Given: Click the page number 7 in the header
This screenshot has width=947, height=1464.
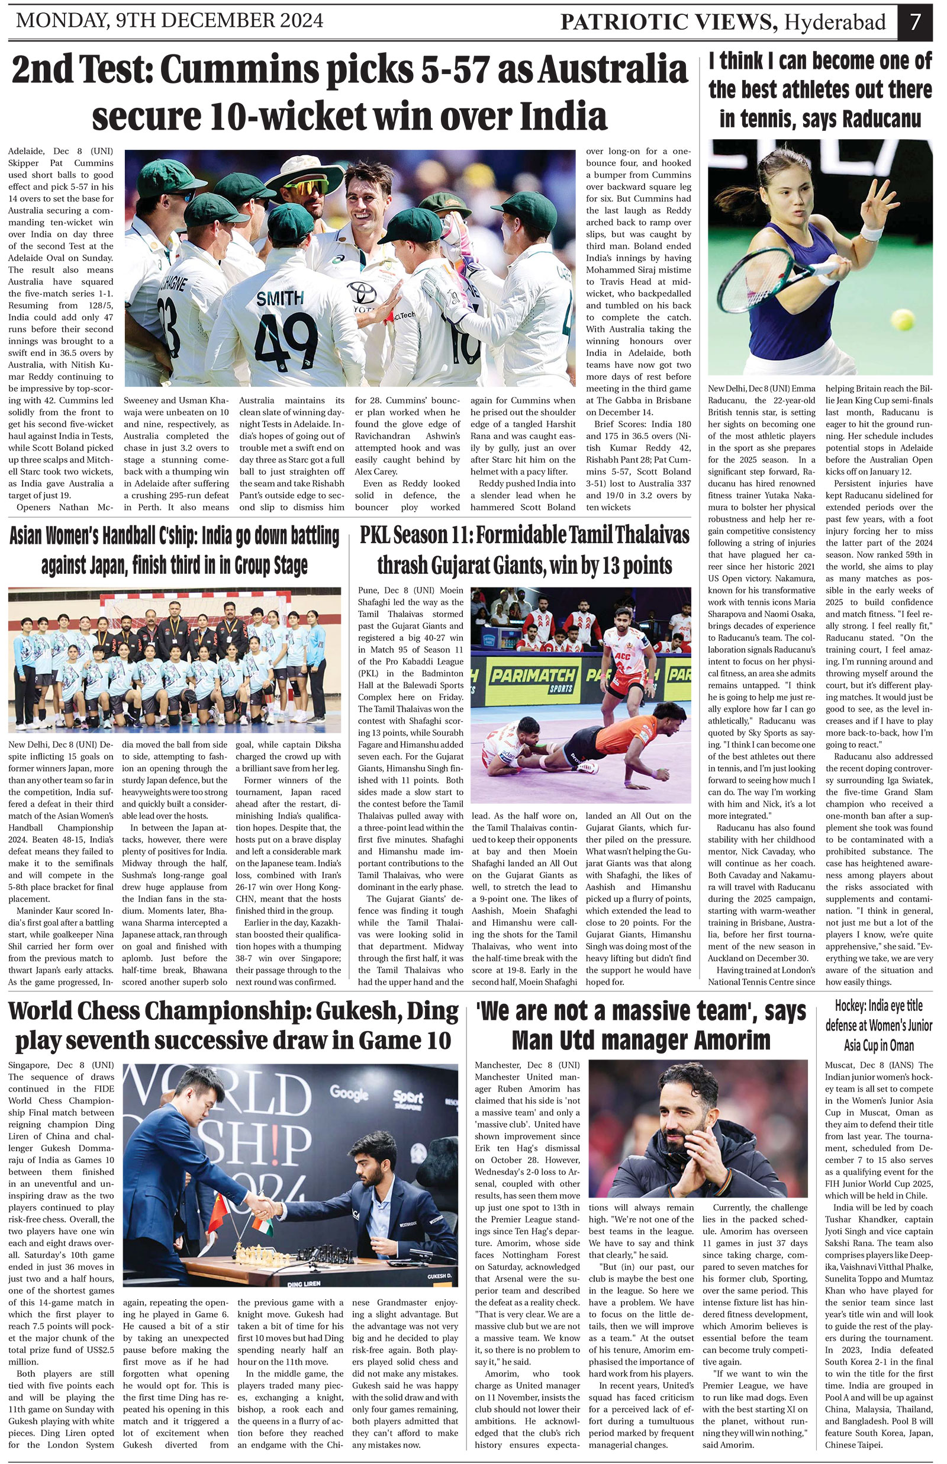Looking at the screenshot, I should [x=915, y=21].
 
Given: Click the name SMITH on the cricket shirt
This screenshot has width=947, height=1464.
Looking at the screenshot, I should [x=280, y=298].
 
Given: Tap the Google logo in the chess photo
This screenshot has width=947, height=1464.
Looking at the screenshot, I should [x=349, y=1093].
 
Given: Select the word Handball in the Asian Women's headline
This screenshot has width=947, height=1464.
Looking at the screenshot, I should [x=125, y=537].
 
